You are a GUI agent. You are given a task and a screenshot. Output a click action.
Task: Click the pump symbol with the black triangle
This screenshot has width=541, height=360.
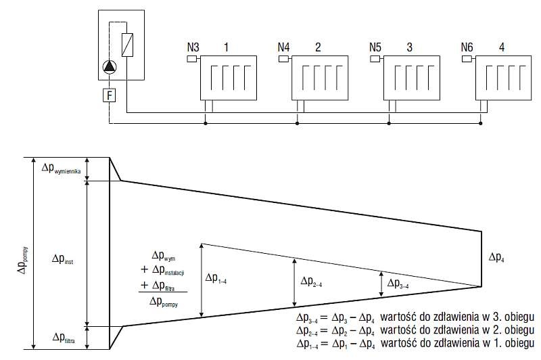pyautogui.click(x=110, y=67)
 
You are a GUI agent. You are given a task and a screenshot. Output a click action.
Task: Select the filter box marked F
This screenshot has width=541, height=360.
pyautogui.click(x=110, y=95)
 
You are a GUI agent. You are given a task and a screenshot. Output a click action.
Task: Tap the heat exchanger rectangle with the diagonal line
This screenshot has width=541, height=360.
pyautogui.click(x=127, y=45)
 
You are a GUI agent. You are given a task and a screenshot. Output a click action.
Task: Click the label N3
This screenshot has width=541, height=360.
pyautogui.click(x=193, y=47)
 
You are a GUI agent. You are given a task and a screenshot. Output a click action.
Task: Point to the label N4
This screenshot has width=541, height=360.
pyautogui.click(x=283, y=47)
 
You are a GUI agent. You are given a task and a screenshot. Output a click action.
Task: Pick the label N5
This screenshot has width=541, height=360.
pyautogui.click(x=375, y=47)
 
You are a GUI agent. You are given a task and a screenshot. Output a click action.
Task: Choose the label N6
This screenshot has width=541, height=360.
pyautogui.click(x=467, y=47)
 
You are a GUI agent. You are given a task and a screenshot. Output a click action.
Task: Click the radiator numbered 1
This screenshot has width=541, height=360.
pyautogui.click(x=229, y=78)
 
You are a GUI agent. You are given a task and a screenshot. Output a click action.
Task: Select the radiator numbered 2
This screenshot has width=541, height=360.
pyautogui.click(x=320, y=78)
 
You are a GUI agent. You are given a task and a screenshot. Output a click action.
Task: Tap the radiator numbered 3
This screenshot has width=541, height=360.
pyautogui.click(x=412, y=78)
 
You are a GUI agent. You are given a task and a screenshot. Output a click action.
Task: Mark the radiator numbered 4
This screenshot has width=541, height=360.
pyautogui.click(x=503, y=78)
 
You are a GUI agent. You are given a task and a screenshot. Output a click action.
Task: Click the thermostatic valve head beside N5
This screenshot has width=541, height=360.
pyautogui.click(x=375, y=59)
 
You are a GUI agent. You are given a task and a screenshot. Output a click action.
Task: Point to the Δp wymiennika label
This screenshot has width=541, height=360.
pyautogui.click(x=61, y=168)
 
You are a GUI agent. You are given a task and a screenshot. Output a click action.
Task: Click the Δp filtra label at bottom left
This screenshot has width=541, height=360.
pyautogui.click(x=64, y=338)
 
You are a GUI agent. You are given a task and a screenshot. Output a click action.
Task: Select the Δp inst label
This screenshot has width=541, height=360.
pyautogui.click(x=62, y=259)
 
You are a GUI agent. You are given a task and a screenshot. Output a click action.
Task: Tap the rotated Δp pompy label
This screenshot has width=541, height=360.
pyautogui.click(x=22, y=261)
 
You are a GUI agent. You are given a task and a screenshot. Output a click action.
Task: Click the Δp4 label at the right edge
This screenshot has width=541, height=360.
pyautogui.click(x=496, y=257)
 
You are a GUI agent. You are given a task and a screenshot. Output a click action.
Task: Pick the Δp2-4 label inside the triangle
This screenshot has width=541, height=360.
pyautogui.click(x=311, y=282)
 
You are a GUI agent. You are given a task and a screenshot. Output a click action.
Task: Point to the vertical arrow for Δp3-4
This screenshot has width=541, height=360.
pyautogui.click(x=381, y=284)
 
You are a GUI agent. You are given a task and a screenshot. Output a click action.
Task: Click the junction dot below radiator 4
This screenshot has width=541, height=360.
pyautogui.click(x=481, y=123)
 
